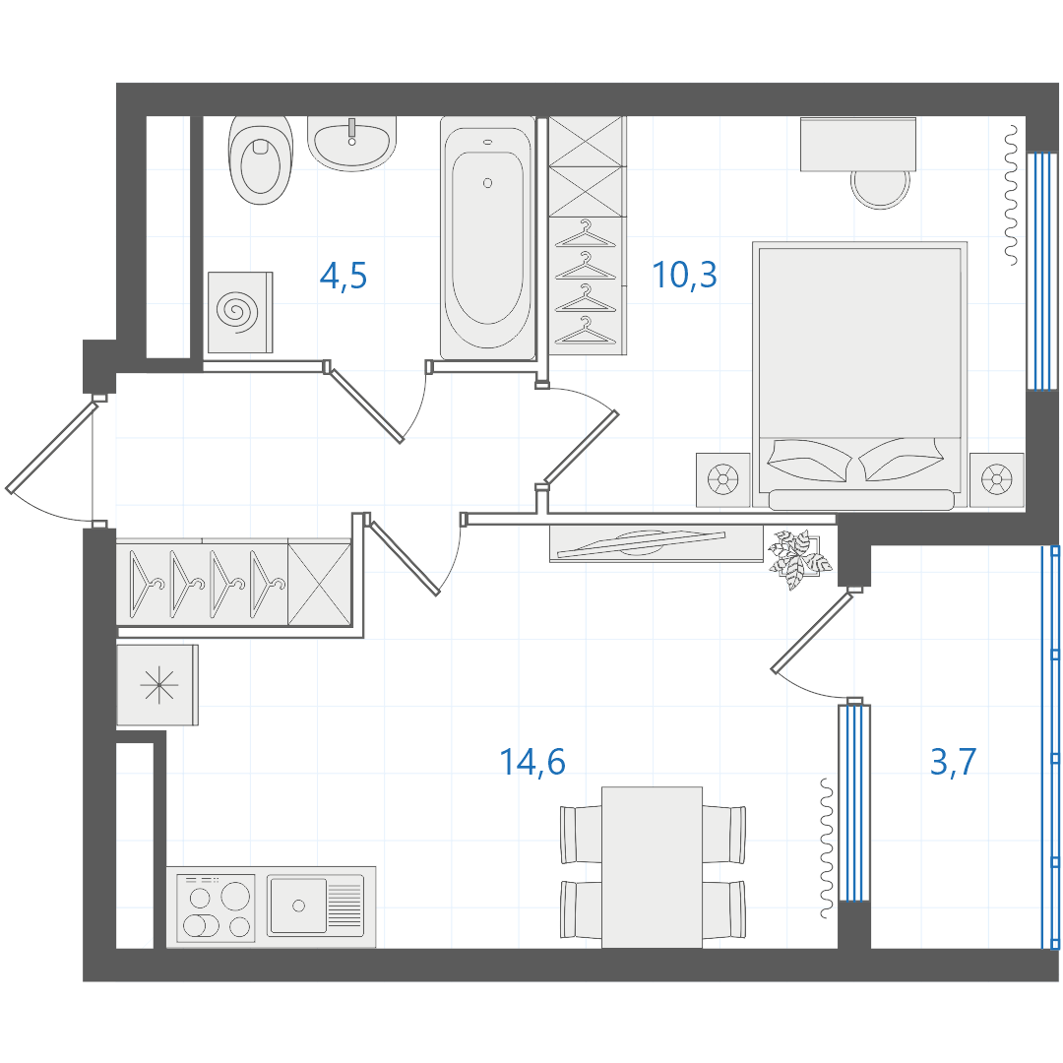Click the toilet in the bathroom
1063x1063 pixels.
pos(261,160)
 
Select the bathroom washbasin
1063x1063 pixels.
pos(351,143)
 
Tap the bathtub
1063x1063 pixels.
pos(487,238)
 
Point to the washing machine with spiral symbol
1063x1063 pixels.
pos(240,313)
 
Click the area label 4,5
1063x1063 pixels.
pos(344,276)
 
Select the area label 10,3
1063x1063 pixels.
pos(684,275)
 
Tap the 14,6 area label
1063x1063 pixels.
pos(532,761)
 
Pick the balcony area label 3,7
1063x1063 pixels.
pos(953,761)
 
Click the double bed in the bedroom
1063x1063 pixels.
pos(859,375)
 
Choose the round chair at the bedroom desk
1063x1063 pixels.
pos(881,188)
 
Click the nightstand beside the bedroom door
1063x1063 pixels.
pos(723,480)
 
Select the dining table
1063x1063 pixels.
pos(652,867)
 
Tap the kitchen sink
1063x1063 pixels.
pos(315,906)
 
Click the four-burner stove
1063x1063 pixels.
pos(216,907)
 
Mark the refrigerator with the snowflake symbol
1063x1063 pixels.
pos(157,685)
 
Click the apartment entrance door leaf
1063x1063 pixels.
pos(51,446)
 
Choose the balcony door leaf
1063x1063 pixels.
pos(811,632)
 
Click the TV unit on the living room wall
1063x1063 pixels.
pos(657,543)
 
